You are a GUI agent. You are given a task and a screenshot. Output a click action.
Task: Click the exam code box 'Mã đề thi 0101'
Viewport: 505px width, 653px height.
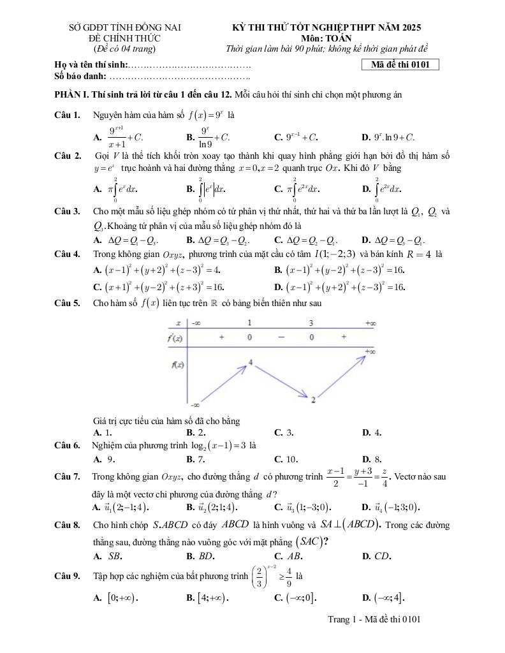tap(400, 64)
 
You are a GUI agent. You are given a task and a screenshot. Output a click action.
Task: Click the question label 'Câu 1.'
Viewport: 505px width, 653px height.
tap(68, 115)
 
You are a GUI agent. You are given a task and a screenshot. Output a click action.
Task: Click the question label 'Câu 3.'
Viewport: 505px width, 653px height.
tap(68, 211)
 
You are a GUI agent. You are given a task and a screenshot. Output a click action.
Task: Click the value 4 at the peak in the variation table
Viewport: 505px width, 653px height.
tap(251, 362)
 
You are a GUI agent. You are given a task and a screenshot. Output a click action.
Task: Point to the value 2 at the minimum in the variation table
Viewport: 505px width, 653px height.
tap(314, 399)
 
